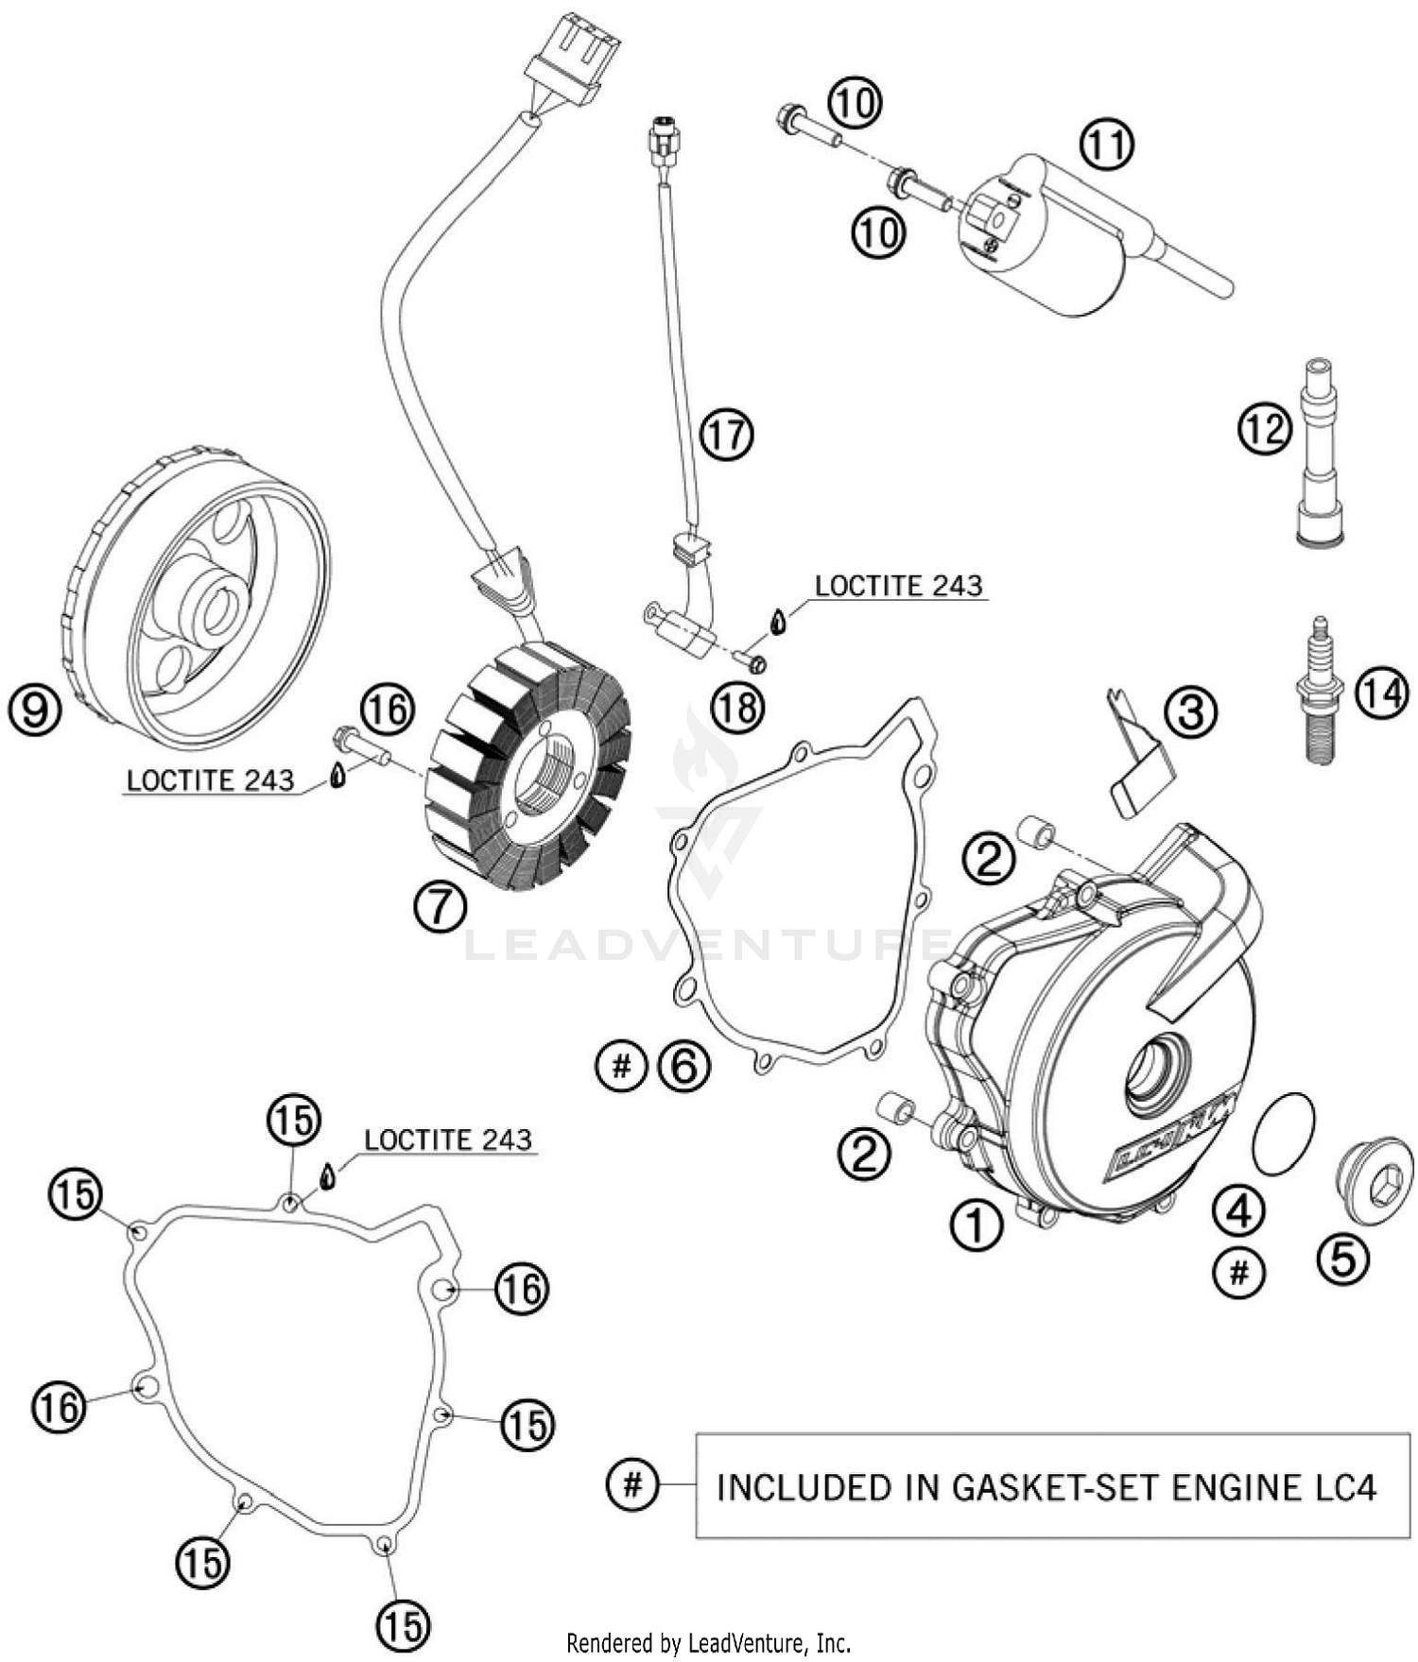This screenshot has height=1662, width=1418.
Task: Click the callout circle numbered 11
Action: [x=1106, y=145]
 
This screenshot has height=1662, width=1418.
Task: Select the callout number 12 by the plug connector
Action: [x=1265, y=428]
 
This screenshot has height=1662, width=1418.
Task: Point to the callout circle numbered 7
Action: [x=441, y=907]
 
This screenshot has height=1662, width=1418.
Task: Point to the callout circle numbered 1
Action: [x=976, y=1225]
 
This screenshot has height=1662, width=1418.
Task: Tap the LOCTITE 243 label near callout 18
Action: [x=898, y=586]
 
